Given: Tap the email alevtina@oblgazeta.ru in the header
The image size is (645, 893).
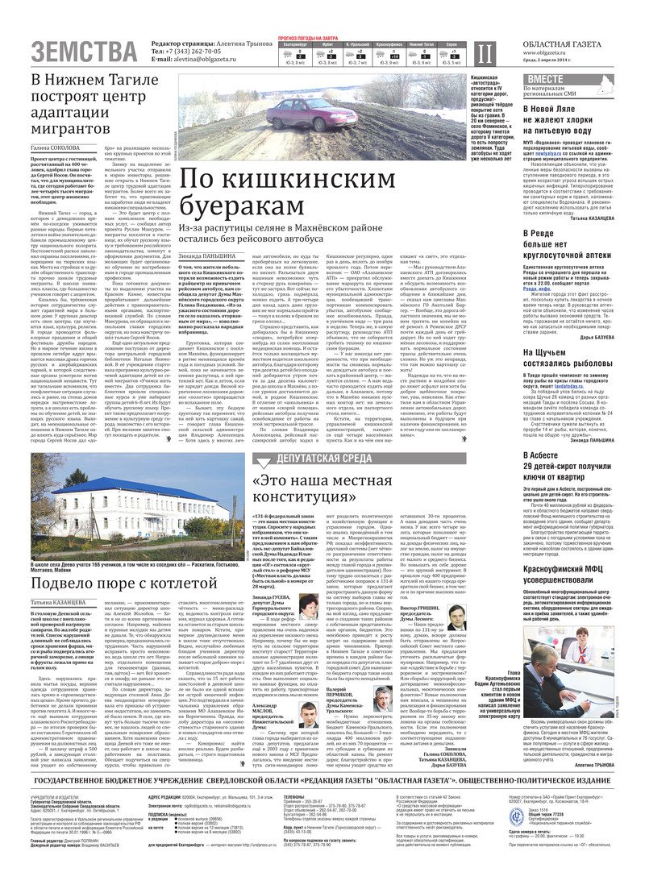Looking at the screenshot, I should pos(193,60).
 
